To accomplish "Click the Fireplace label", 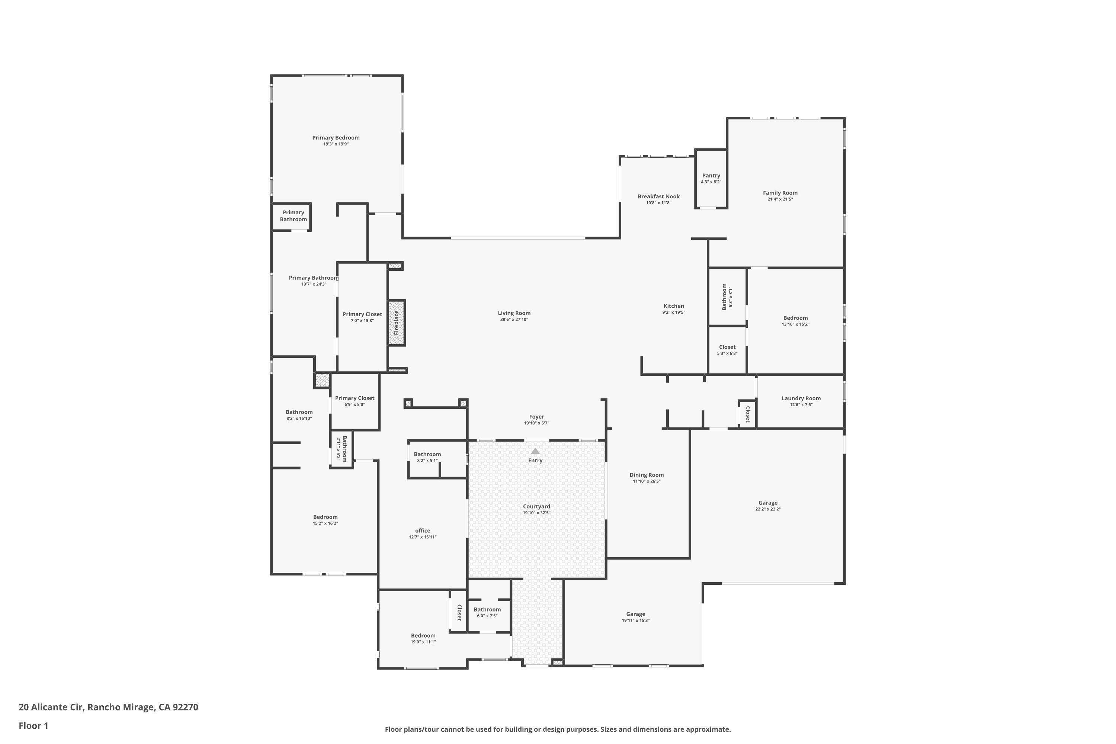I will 396,323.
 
